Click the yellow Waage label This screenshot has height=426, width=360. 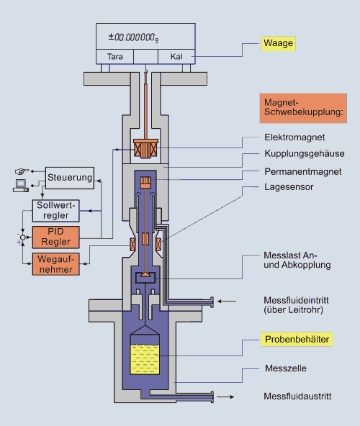click(x=278, y=43)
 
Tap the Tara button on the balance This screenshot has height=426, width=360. click(x=114, y=57)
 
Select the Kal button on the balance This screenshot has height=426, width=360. click(x=176, y=57)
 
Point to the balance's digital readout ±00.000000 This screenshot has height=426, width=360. click(x=133, y=37)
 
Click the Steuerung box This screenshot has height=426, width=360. click(x=70, y=178)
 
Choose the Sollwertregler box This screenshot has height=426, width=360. click(x=55, y=211)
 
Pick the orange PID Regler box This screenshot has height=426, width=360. click(x=55, y=237)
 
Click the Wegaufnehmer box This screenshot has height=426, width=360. click(x=55, y=264)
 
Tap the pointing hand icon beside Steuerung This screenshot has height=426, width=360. click(x=22, y=171)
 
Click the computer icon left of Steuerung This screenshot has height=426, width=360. click(x=21, y=186)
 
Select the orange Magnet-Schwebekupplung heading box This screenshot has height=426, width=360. click(x=303, y=108)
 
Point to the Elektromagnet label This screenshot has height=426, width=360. click(x=294, y=137)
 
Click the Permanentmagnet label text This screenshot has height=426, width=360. click(x=303, y=172)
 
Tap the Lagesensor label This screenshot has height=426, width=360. click(x=289, y=187)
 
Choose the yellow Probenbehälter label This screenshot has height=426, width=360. click(x=297, y=340)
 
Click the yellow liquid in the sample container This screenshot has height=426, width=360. click(x=145, y=359)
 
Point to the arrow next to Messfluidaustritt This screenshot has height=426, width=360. click(x=225, y=397)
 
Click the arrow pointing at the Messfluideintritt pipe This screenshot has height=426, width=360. click(x=227, y=301)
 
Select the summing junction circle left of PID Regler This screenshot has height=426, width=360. click(x=23, y=237)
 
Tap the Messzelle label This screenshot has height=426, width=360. click(x=286, y=368)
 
